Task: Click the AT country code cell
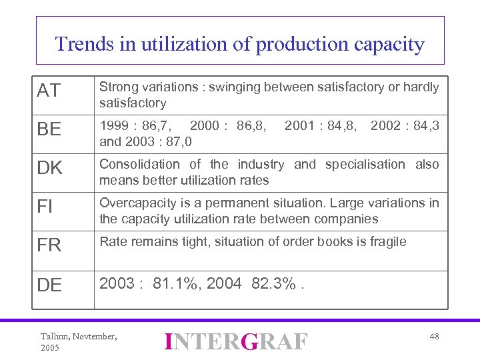pyautogui.click(x=49, y=91)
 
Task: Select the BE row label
pyautogui.click(x=49, y=129)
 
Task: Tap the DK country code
pyautogui.click(x=49, y=169)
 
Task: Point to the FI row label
pyautogui.click(x=45, y=207)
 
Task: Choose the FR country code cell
pyautogui.click(x=49, y=245)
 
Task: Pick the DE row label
pyautogui.click(x=49, y=285)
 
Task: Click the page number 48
pyautogui.click(x=434, y=337)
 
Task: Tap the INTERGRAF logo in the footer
pyautogui.click(x=237, y=342)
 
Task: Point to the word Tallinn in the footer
pyautogui.click(x=54, y=337)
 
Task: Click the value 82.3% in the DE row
pyautogui.click(x=273, y=283)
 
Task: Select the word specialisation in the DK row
pyautogui.click(x=365, y=164)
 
